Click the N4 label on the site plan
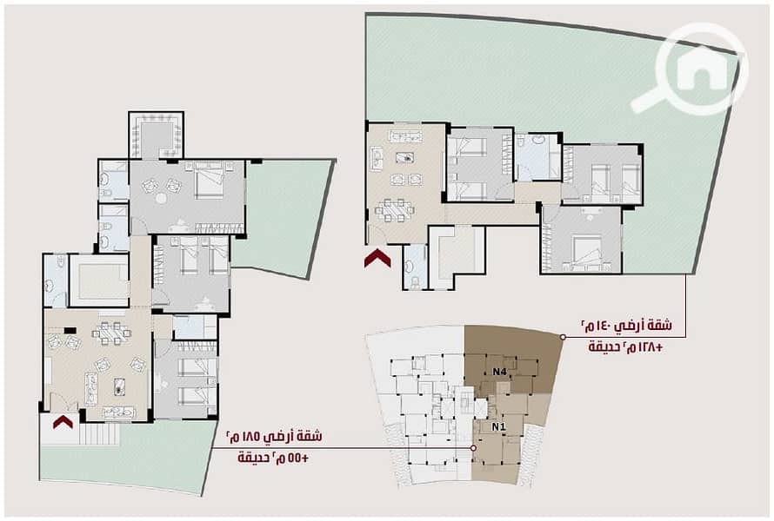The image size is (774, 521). [499, 373]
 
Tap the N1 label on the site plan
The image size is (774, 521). [498, 427]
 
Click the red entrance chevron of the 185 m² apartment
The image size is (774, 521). [63, 422]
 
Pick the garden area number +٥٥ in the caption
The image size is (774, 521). [297, 458]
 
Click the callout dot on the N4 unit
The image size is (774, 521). [562, 337]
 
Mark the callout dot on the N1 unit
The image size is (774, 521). [473, 448]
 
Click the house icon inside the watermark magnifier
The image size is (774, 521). [702, 69]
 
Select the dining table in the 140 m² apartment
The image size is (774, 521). [395, 211]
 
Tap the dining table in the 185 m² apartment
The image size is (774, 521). [112, 333]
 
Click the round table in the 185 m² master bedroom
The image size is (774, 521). [162, 198]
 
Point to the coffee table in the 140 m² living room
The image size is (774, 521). [404, 158]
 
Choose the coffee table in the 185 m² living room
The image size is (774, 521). [119, 386]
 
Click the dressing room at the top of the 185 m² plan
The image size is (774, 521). [156, 135]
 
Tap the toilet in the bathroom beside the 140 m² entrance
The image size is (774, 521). [415, 282]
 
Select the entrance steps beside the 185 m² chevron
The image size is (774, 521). [101, 434]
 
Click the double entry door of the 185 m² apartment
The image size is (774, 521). [63, 404]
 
